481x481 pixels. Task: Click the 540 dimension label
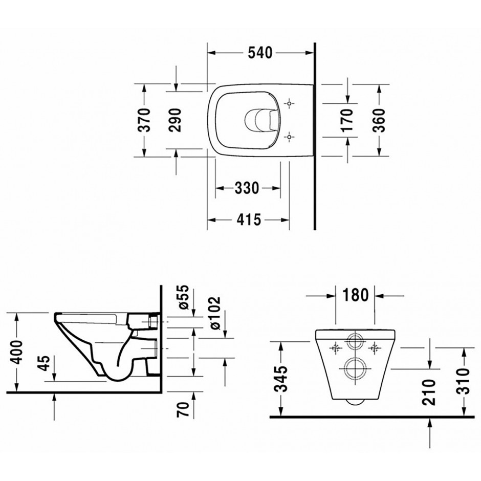point(260,53)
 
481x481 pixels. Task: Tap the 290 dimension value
point(176,120)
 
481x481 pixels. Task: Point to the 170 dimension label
point(347,120)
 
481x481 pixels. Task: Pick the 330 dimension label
point(247,188)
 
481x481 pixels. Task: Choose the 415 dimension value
point(249,220)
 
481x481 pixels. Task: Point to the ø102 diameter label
point(214,313)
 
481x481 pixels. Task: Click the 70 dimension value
point(183,409)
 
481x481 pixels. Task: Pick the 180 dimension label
point(355,295)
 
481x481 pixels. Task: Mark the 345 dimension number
point(281,379)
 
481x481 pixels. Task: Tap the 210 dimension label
point(429,392)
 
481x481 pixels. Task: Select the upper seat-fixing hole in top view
point(289,104)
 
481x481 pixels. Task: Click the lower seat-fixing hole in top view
point(289,137)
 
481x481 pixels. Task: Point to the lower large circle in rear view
point(355,368)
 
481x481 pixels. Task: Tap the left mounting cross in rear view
point(336,348)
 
